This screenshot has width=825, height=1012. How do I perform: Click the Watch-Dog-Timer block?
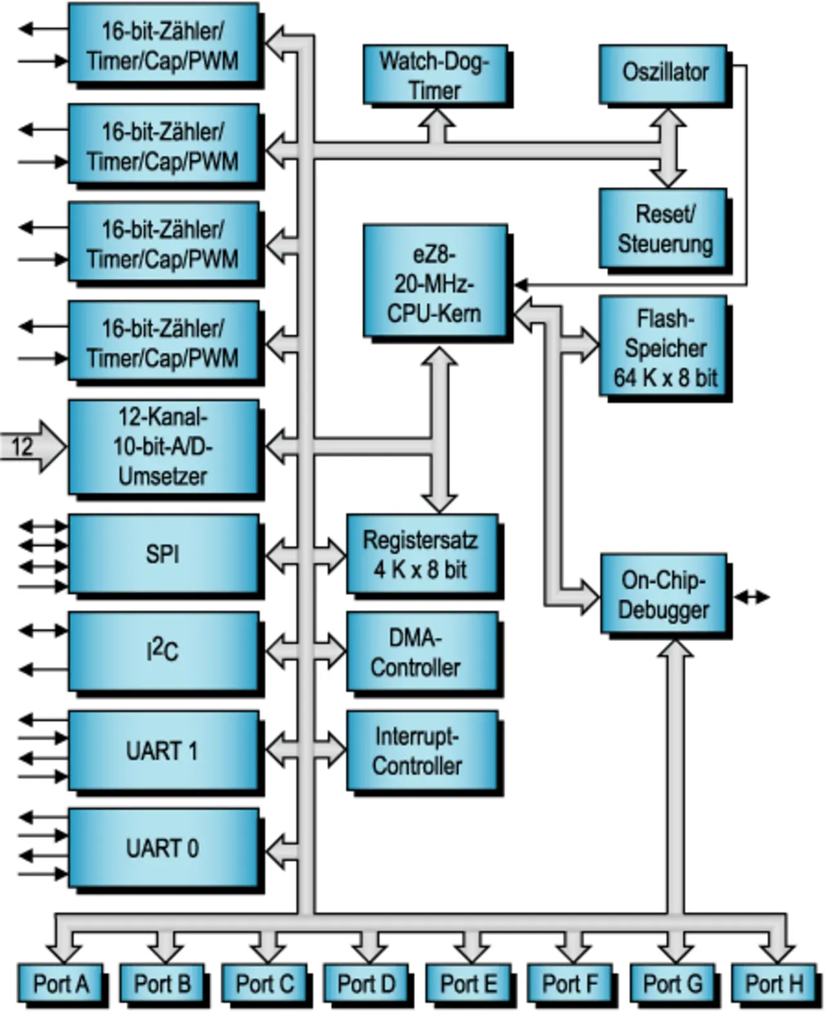coord(435,75)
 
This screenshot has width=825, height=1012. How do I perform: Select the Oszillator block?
coord(664,73)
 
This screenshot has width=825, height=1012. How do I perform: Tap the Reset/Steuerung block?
coord(664,229)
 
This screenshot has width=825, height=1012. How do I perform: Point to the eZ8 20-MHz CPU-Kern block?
coord(435,281)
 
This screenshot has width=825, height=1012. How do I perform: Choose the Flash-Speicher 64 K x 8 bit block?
coord(664,347)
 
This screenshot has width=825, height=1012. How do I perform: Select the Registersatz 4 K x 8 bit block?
coord(422,554)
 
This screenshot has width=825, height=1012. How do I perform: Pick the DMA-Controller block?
coord(422,652)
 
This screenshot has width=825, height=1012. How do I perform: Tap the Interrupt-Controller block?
coord(422,750)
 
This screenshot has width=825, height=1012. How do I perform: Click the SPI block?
coord(164,554)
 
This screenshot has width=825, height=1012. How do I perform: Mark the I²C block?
coord(164,652)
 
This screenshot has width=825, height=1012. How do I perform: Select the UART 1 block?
coord(164,750)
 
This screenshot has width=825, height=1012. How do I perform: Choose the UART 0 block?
coord(164,848)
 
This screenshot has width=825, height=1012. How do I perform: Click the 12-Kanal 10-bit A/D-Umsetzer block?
coord(164,447)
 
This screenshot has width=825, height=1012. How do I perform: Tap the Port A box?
coord(61,984)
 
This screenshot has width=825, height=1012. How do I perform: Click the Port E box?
coord(468,984)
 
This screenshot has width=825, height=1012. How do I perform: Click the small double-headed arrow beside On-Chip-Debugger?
coord(752,598)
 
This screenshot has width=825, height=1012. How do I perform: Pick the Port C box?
coord(264,984)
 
